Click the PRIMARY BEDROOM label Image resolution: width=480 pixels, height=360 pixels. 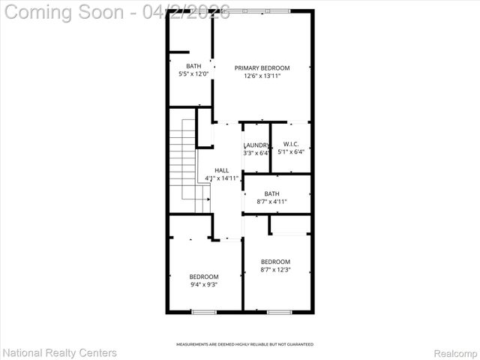(x=262, y=68)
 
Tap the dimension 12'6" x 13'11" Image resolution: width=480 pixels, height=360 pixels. (x=262, y=76)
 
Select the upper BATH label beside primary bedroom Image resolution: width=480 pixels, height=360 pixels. (x=193, y=66)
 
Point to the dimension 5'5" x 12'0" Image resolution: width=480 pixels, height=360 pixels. (x=193, y=73)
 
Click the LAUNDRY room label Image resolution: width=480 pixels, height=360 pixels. (x=256, y=145)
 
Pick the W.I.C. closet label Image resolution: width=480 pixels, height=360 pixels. (x=291, y=144)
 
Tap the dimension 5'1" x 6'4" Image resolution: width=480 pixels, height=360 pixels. (x=291, y=151)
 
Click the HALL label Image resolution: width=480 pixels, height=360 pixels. (x=222, y=170)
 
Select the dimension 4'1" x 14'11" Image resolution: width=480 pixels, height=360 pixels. (x=222, y=178)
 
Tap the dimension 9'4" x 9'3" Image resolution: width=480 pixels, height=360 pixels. (x=204, y=284)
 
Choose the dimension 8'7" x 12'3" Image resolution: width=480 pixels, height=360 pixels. (x=275, y=269)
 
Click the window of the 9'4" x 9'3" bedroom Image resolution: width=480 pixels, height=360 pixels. (x=203, y=311)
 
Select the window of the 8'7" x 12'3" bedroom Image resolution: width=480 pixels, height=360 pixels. (x=279, y=311)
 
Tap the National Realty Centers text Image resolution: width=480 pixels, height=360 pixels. (x=60, y=352)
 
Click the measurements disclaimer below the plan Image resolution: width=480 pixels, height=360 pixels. (x=244, y=344)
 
